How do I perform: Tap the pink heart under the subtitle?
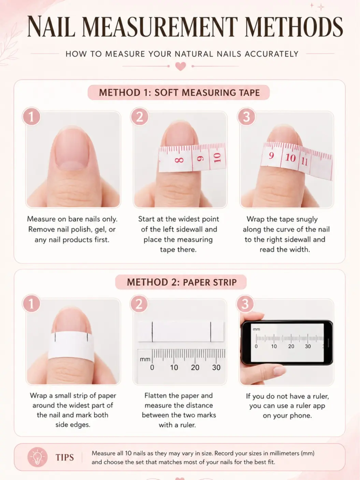[x=181, y=66]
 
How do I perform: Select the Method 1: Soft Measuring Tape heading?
[x=179, y=93]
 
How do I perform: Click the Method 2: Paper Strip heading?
[x=182, y=282]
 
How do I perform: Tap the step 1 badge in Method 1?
[x=31, y=116]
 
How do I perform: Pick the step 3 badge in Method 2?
[x=245, y=304]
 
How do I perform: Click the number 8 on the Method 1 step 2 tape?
[x=179, y=160]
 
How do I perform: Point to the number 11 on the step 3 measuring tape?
[x=304, y=161]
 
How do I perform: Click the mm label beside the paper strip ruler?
[x=145, y=359]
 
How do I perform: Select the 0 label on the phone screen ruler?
[x=256, y=347]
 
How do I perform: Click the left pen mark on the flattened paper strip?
[x=152, y=331]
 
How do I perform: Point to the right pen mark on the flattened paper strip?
[x=211, y=331]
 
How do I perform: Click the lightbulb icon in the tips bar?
[x=38, y=457]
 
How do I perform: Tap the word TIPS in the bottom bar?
[x=65, y=457]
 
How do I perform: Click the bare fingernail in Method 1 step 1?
[x=72, y=149]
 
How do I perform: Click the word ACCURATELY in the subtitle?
[x=272, y=54]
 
